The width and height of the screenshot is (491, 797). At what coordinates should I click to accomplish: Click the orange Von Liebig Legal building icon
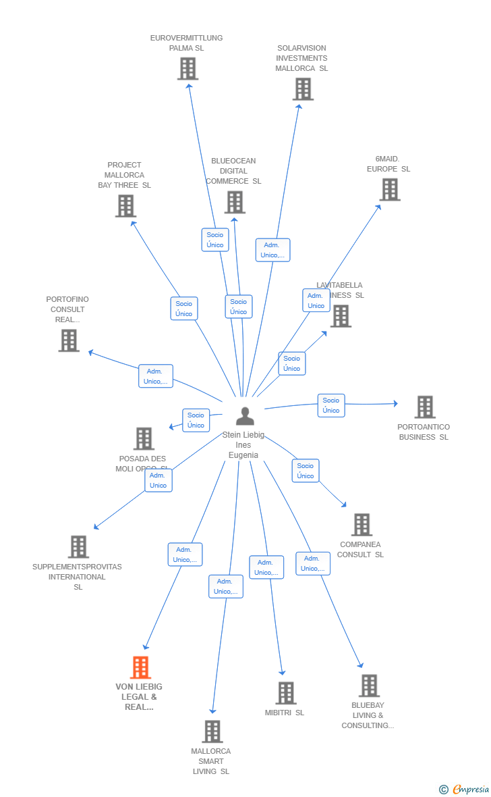coord(140,667)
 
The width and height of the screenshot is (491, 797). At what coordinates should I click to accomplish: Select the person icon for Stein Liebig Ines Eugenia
coord(245,416)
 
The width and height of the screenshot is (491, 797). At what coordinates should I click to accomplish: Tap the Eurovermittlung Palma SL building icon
coord(187,68)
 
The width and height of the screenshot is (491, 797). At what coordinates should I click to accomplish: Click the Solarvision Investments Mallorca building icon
coord(303,88)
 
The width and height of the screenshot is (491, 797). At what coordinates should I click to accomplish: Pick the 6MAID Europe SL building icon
coord(390,190)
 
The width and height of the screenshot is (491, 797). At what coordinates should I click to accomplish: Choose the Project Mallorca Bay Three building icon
coord(125,206)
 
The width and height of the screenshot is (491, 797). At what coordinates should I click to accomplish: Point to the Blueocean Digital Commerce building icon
coord(235,202)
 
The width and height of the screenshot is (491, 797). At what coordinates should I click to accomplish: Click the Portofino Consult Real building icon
coord(69,340)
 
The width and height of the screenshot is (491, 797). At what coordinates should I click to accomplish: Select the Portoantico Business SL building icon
coord(425,407)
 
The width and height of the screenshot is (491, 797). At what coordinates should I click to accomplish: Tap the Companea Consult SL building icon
coord(362,525)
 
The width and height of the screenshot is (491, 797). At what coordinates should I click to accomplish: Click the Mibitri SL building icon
coord(286,693)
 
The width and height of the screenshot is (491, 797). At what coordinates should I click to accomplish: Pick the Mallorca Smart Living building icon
coord(212,731)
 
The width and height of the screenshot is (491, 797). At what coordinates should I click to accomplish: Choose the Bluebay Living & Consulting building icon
coord(369,686)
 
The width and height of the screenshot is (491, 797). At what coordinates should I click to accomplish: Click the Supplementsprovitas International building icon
coord(79,547)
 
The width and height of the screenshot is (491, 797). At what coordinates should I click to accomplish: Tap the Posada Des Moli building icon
coord(144,438)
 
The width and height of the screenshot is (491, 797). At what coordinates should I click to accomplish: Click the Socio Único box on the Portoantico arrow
coord(331,405)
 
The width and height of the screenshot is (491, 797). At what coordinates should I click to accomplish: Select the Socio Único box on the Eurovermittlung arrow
coord(215,240)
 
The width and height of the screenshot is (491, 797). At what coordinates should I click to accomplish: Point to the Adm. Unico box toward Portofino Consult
coord(156,376)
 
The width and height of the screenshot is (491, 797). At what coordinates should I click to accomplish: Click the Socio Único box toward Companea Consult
coord(306,471)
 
